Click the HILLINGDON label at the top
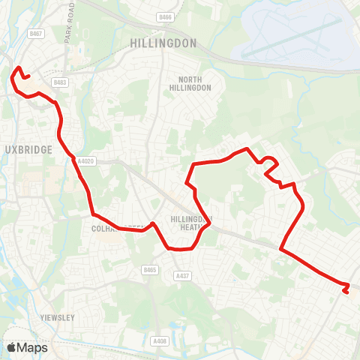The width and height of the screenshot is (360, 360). [x=163, y=43]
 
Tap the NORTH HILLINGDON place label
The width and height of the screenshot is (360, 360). [x=194, y=83]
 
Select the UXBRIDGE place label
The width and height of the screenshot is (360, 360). [x=28, y=149]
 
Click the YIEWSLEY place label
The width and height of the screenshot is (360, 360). [x=57, y=317]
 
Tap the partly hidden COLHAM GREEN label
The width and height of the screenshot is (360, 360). [x=112, y=228]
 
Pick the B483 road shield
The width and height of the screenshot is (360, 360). [x=61, y=82]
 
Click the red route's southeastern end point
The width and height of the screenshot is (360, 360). [x=346, y=292]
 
